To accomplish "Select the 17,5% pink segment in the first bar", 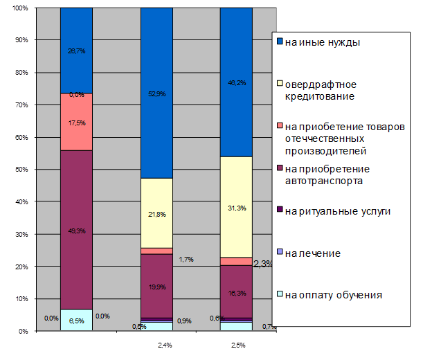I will point(76,122).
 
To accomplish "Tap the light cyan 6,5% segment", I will point(76,320).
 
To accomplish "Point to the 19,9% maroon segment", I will point(156,285).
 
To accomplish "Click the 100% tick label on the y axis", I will point(19,8).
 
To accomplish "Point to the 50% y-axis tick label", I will point(20,170).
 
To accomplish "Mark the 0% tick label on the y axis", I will point(22,331).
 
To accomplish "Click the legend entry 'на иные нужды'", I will point(321,42).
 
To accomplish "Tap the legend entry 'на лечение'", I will point(312,253).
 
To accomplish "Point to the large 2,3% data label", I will point(264,264).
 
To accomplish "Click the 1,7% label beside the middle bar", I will point(185,260).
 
